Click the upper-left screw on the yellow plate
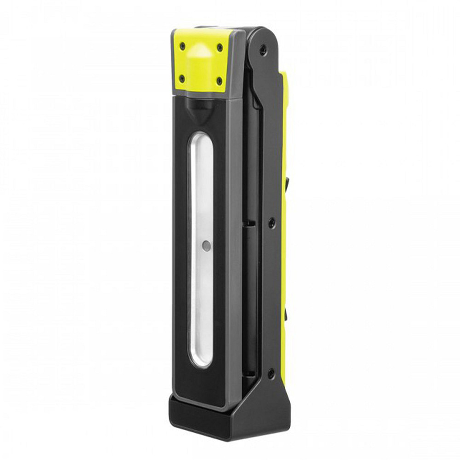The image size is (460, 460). [183, 45]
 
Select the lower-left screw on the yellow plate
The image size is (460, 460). [182, 79]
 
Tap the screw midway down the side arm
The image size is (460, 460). [272, 223]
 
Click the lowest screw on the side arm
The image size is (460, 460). [271, 373]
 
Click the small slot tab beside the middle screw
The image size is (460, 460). [248, 223]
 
